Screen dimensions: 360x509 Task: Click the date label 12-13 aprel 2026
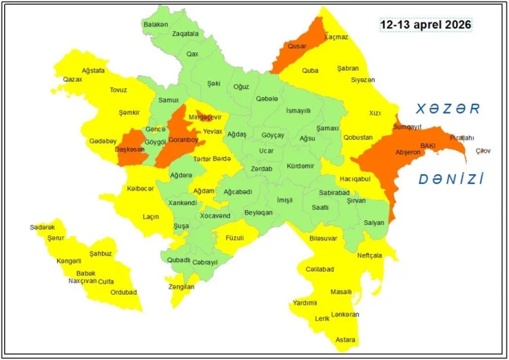tap(425, 24)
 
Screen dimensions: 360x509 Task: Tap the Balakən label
tap(155, 24)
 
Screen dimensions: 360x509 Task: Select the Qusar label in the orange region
tap(297, 46)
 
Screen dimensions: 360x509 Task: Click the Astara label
tap(346, 339)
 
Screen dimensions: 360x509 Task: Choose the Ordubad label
tap(124, 292)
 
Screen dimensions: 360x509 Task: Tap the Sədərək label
tap(42, 227)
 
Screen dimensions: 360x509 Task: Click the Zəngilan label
tap(181, 287)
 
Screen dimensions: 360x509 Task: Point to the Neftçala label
tap(369, 255)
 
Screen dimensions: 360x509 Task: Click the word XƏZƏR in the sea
tap(449, 108)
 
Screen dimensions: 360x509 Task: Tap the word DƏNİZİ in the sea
tap(451, 179)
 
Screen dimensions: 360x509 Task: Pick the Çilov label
tap(483, 150)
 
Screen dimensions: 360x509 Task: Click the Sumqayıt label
tap(408, 126)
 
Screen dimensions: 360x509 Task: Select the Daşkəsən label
tap(129, 149)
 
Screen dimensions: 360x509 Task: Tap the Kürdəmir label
tap(301, 166)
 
